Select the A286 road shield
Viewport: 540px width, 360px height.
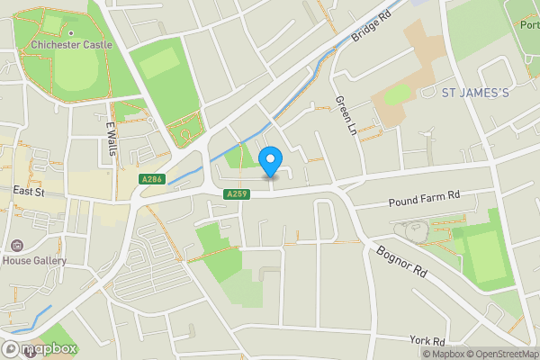tap(151, 180)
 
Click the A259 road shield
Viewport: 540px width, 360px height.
tap(237, 194)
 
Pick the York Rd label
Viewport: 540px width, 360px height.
tap(427, 341)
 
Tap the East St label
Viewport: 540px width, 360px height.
tap(30, 191)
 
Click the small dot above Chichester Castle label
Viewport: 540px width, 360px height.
tap(71, 33)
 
